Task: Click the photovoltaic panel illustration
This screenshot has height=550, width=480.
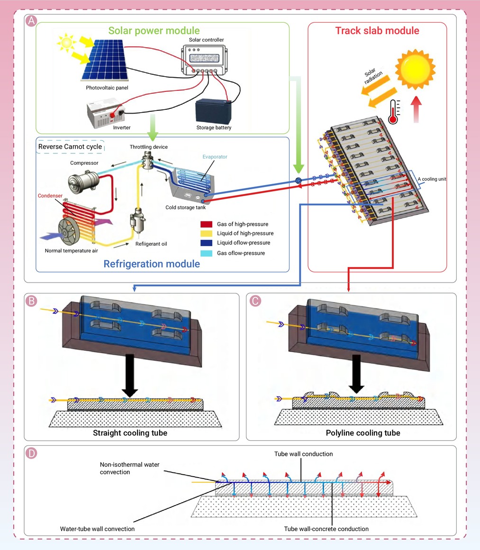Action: [105, 60]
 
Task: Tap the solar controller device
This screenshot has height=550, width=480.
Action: [204, 60]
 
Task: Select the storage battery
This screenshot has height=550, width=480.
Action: [213, 111]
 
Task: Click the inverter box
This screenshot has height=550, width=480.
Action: [106, 114]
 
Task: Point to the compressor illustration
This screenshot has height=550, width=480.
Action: [83, 182]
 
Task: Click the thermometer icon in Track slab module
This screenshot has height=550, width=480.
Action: [394, 112]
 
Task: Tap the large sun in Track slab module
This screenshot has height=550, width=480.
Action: [416, 69]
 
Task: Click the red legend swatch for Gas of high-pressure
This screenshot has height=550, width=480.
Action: [207, 224]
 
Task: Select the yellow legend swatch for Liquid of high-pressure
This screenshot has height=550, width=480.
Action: [207, 233]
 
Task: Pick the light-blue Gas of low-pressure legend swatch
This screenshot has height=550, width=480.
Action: [207, 253]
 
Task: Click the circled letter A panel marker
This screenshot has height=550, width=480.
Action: [31, 21]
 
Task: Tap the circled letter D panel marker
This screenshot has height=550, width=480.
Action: [31, 453]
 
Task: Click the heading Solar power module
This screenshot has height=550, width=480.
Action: [154, 30]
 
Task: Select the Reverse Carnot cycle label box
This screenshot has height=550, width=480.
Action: [70, 147]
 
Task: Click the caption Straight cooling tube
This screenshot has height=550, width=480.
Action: [130, 433]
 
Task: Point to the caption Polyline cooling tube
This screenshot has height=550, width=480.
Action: [363, 433]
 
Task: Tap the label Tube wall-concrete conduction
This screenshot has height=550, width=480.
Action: [326, 529]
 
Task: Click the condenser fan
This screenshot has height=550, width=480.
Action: [69, 231]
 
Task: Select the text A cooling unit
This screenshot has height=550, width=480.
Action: [432, 179]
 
